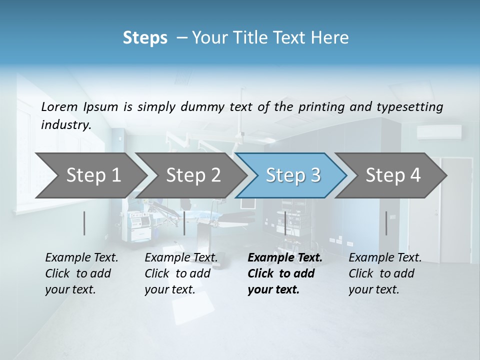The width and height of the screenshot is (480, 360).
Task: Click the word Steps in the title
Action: coord(145,38)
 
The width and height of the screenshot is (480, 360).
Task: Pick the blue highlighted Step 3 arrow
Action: coord(293,175)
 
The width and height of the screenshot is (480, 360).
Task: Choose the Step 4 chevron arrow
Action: coord(393,175)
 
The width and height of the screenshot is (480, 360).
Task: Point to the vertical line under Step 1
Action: coord(84,223)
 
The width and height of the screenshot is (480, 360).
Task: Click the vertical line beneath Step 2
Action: coord(184,223)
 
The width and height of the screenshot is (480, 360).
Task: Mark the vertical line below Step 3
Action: coord(285,223)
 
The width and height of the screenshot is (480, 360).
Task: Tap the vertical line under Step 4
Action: coord(386,223)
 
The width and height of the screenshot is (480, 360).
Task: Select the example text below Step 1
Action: coord(81,273)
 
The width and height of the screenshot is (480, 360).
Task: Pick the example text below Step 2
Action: coord(181,273)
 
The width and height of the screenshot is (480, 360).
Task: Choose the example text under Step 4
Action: coord(385,273)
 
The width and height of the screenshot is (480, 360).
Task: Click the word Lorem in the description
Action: coord(59,106)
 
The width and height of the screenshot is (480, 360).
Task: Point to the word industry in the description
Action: coord(66,124)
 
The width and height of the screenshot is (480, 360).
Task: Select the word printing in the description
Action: coord(321,106)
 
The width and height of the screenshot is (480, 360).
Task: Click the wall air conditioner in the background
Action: coord(439,132)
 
